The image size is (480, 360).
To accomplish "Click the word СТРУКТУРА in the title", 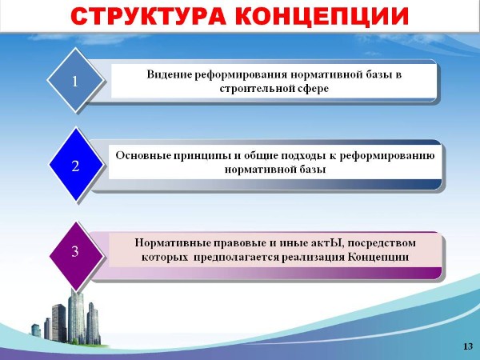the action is pos(148,16).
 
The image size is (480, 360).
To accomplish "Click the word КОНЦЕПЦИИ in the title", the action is pos(322,16).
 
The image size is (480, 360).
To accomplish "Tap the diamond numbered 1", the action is pos(75,81).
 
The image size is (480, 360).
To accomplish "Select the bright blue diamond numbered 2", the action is pos(75,166).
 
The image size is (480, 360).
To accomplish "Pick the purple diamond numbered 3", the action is pos(75,252).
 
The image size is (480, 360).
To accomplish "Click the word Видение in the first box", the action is pos(170,74).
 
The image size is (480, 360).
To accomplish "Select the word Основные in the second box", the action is pos(143,155).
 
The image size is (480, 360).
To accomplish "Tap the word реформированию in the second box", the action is pos(387,156).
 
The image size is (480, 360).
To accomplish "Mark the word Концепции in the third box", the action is pos(378,257).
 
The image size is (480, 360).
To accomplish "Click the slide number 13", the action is pos(467,346).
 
